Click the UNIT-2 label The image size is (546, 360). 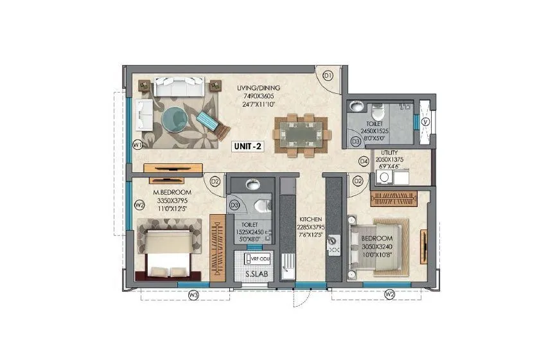[x=247, y=146]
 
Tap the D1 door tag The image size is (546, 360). [x=328, y=76]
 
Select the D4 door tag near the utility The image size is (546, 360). [x=364, y=161]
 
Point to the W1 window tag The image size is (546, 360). [x=137, y=145]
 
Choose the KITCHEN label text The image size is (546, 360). [x=309, y=219]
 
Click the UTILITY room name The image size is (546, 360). [x=389, y=152]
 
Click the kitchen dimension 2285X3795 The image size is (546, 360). [x=309, y=226]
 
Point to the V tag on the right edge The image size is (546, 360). [x=425, y=122]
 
